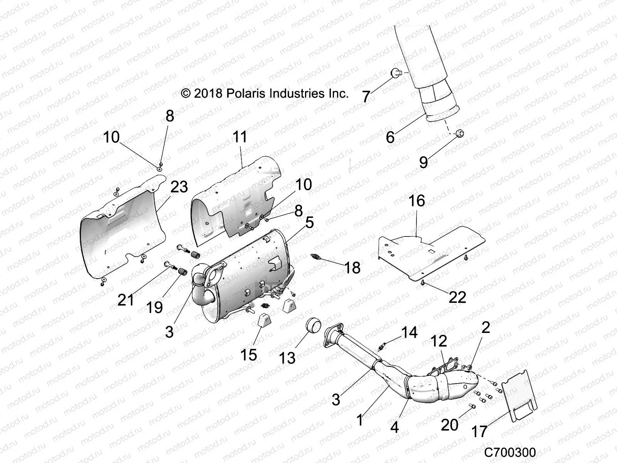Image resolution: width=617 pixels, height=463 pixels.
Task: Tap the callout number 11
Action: [240, 137]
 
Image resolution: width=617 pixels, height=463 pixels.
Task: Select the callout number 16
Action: [416, 201]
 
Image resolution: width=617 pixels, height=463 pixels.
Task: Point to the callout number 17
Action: [479, 431]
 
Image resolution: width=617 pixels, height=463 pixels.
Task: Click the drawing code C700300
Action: [510, 452]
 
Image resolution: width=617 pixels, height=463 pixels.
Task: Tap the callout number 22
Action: [457, 297]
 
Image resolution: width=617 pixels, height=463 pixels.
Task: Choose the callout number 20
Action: [449, 425]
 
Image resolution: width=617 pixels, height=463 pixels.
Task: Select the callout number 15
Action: [248, 355]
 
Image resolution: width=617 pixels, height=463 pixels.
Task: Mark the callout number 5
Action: [309, 222]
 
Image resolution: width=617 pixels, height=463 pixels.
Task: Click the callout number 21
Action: [126, 299]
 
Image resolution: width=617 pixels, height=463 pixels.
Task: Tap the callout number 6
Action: [390, 137]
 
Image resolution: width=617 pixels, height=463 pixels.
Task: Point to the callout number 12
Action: [438, 341]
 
